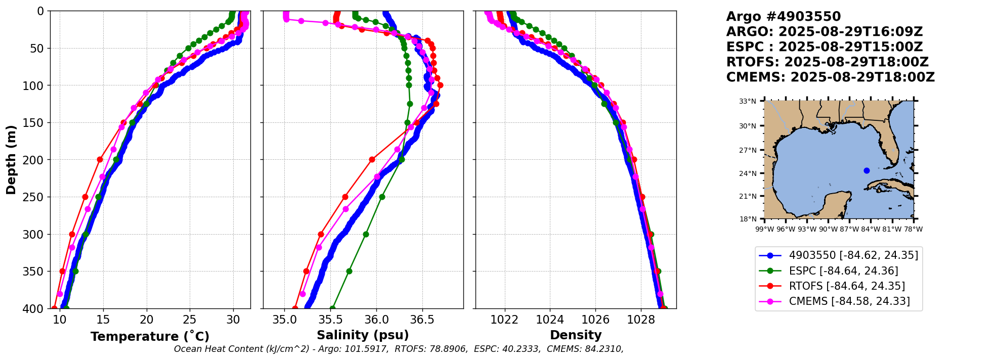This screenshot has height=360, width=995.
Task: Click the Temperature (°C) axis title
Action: pos(150,337)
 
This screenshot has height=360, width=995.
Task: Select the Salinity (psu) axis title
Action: pos(363,335)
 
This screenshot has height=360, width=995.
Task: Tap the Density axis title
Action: pos(576,335)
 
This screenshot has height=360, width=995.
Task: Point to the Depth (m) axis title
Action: pos(11,160)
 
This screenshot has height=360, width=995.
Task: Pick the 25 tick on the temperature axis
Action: pos(190,320)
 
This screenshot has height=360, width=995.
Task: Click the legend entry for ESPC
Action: pos(843,271)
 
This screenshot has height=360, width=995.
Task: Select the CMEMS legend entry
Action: pos(849,301)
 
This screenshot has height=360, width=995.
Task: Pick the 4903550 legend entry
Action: pos(853,255)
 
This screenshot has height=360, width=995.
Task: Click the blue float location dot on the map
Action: pos(867,170)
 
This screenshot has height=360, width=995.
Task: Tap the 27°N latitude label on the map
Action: pos(748,150)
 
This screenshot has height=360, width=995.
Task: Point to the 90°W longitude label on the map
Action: pos(828,229)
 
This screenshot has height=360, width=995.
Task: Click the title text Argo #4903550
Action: pos(783,17)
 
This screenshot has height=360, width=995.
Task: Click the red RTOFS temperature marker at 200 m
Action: pos(100,159)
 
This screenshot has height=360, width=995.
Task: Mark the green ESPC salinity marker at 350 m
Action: pos(349,271)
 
